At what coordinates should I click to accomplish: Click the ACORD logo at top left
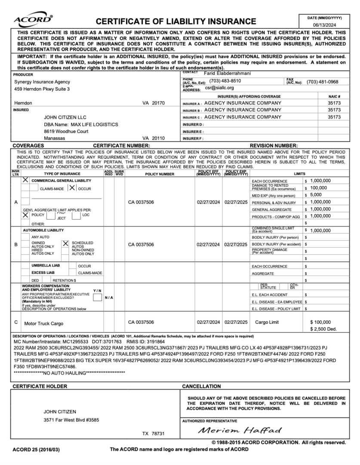point(34,19)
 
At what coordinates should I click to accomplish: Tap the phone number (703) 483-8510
point(225,81)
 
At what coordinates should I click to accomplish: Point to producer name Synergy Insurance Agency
point(42,81)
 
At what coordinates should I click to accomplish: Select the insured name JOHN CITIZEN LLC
point(65,117)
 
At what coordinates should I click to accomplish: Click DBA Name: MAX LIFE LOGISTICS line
point(81,124)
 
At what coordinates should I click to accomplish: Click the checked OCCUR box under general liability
point(72,188)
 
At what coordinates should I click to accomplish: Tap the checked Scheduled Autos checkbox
point(66,243)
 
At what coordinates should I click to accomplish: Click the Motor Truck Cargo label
point(44,323)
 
